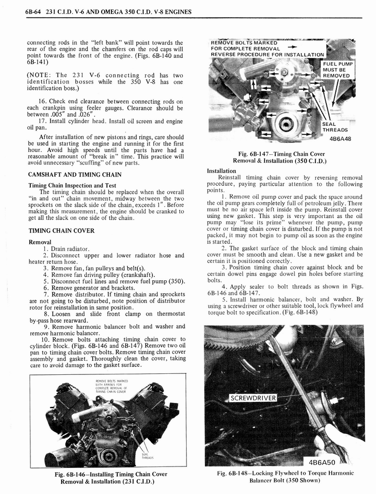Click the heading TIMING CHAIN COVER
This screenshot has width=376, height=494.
point(61,231)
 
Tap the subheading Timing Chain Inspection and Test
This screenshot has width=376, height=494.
point(72,185)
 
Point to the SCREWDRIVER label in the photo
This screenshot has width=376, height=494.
point(253,398)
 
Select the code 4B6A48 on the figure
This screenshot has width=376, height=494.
point(340,138)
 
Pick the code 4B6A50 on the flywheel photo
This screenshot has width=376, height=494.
point(328,462)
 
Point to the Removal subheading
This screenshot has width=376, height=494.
point(40,242)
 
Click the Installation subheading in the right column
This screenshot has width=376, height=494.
point(221,171)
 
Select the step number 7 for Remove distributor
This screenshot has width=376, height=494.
point(45,294)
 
